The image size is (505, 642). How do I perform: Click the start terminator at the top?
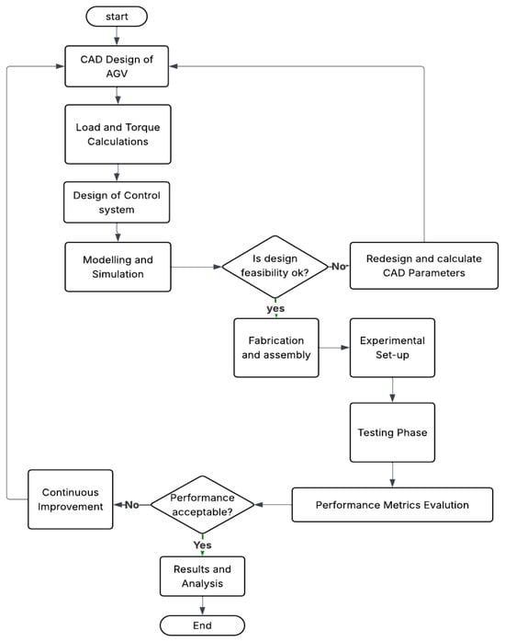coord(117,17)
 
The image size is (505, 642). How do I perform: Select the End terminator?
coord(202,625)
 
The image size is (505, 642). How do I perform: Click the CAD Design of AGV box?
coord(117,66)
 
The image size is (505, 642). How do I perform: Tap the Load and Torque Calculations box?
coord(118,134)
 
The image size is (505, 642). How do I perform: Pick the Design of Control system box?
coord(117,202)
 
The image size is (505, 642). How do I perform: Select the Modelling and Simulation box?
coord(118,267)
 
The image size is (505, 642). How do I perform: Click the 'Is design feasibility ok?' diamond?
coord(275,267)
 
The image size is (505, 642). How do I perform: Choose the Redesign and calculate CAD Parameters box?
coord(424,266)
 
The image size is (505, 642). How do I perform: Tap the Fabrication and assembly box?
coord(276,348)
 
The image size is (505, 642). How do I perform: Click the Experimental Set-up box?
coord(392,348)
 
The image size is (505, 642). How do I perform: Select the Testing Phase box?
coord(392,432)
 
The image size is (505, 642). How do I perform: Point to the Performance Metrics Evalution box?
coord(392,504)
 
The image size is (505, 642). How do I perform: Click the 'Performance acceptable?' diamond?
coord(202,504)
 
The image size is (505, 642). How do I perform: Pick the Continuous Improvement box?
coord(71,499)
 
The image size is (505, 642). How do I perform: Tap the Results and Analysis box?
coord(202,576)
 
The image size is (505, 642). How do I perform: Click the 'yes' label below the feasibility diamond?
coord(275,308)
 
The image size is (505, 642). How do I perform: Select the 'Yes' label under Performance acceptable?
coord(202,545)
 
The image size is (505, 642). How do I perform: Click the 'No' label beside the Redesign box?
coord(339,267)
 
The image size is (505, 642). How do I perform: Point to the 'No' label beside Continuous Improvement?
coord(131,505)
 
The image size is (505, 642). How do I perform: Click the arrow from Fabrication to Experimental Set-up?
coord(334,348)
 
